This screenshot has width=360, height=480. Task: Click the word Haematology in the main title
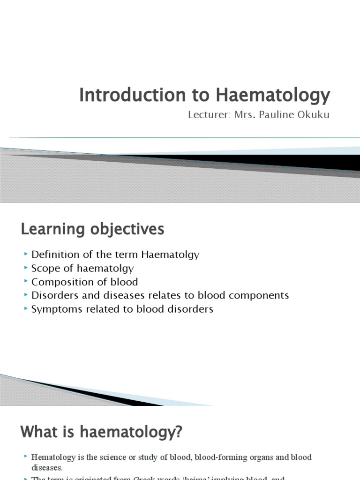click(x=273, y=95)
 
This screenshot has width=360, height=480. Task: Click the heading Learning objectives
click(x=92, y=229)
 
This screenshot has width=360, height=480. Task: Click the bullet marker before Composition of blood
click(x=25, y=282)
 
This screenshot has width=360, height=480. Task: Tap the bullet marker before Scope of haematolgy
click(x=25, y=268)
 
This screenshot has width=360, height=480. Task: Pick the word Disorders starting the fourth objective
click(x=51, y=295)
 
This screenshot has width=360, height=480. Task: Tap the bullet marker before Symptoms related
click(x=25, y=309)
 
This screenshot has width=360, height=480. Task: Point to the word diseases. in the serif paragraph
click(x=46, y=467)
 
